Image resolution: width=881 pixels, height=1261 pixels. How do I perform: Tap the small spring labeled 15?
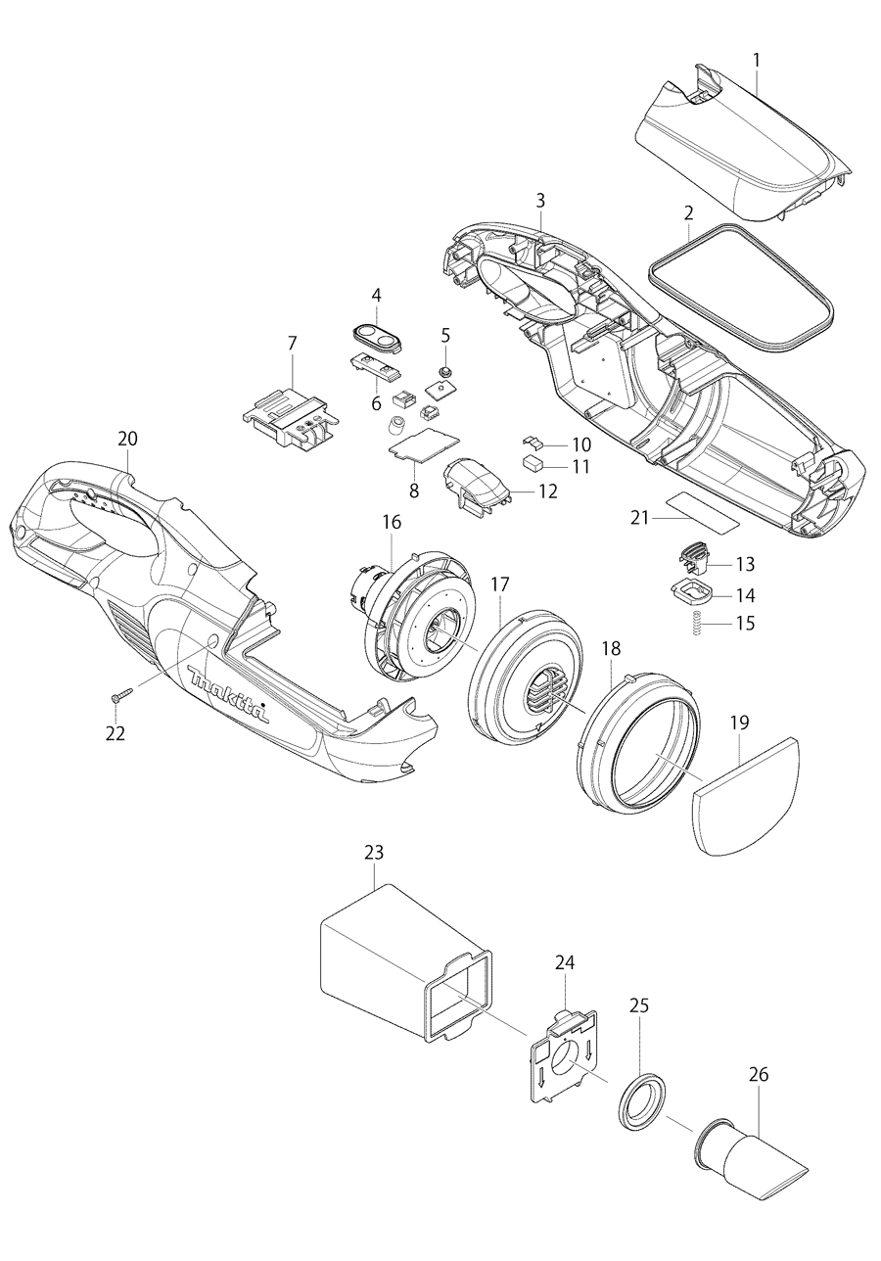694,623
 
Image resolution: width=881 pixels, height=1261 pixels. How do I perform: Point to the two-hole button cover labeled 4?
375,338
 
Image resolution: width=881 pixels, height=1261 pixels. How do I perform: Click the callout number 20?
127,439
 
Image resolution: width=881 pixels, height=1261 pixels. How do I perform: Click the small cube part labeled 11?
534,463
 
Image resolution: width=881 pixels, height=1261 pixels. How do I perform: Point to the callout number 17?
500,584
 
